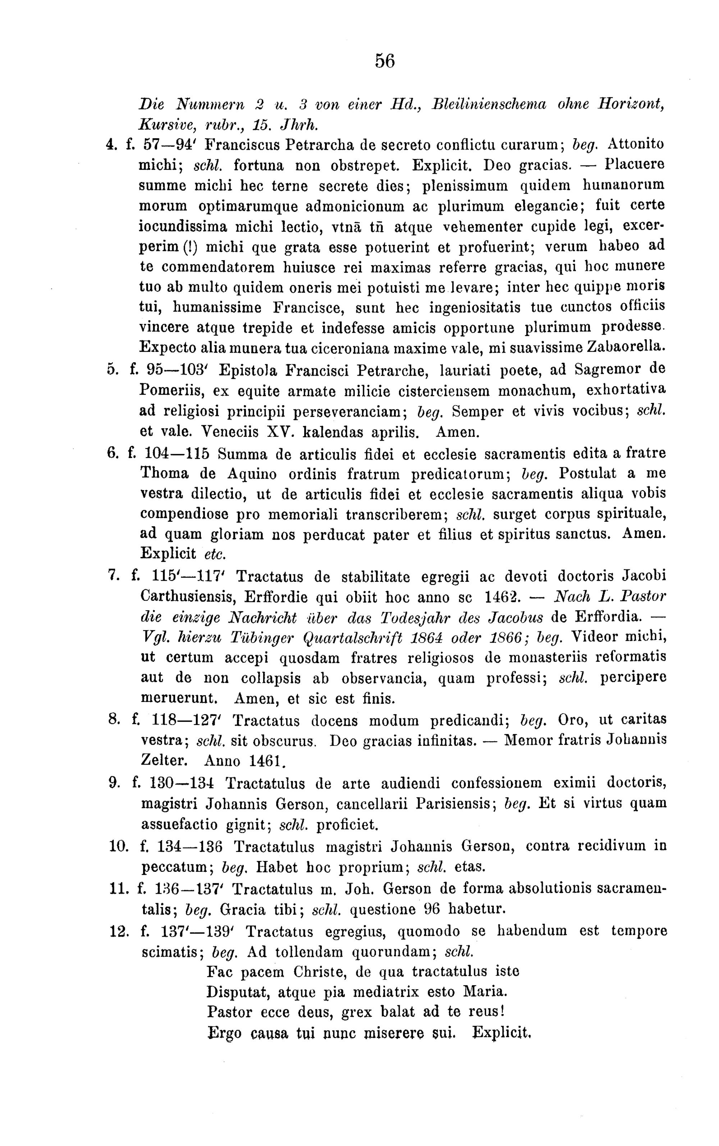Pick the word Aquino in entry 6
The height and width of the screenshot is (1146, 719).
coord(252,474)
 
